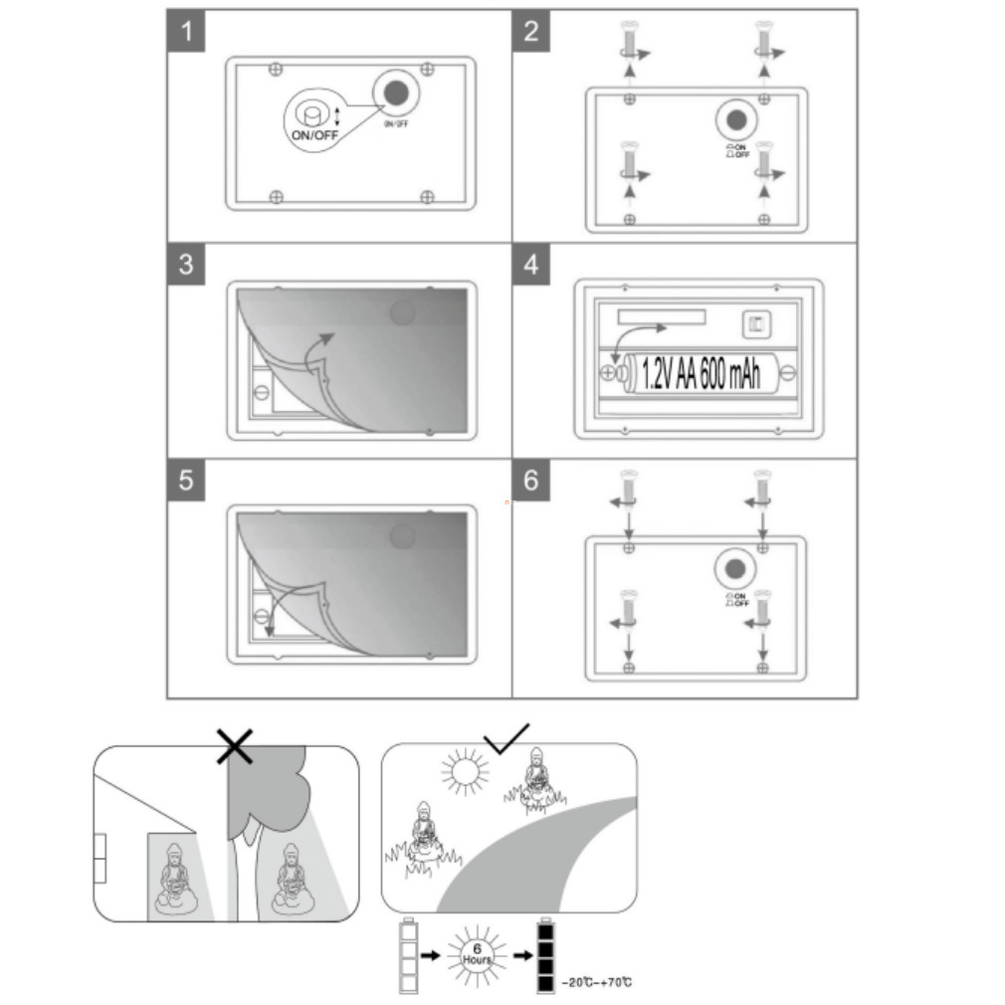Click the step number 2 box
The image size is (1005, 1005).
tap(531, 32)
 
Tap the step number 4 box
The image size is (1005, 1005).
tap(531, 266)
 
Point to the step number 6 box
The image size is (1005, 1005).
tap(531, 481)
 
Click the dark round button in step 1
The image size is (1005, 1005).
tap(395, 94)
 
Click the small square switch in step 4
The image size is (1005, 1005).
tap(756, 323)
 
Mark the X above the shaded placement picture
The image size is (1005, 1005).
tap(235, 744)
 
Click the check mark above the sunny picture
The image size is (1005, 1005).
tap(506, 738)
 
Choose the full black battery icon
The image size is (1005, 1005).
tap(544, 955)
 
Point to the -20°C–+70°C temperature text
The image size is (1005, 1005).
tap(597, 983)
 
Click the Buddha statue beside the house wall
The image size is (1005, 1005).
tap(174, 879)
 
